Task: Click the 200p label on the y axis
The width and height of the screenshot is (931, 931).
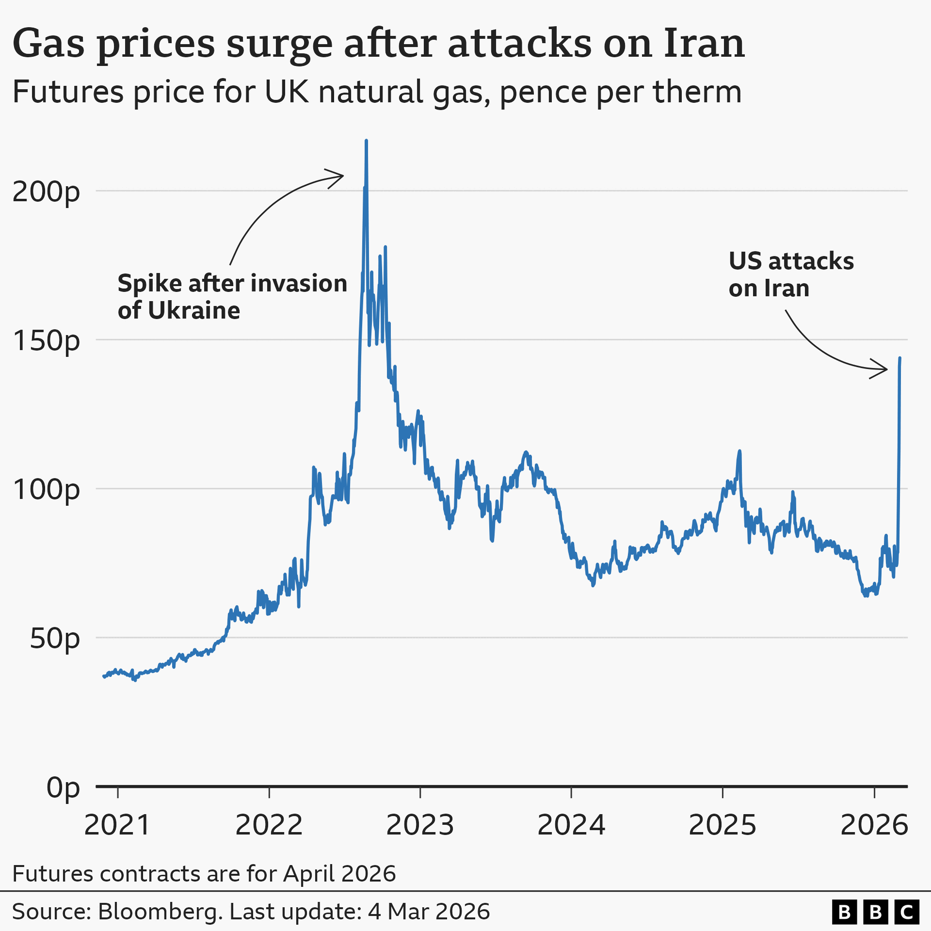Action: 46,192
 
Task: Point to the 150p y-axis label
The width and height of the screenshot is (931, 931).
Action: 46,340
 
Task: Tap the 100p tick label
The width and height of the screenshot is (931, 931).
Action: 46,489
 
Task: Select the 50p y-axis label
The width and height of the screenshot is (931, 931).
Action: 54,638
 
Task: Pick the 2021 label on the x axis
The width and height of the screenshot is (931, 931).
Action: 117,825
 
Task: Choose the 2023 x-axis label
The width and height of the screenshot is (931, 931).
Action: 420,825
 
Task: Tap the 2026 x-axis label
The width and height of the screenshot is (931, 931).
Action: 874,825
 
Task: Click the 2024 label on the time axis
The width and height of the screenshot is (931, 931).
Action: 571,825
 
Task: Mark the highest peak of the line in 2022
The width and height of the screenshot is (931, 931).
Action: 366,141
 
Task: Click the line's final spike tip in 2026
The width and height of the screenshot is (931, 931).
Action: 900,358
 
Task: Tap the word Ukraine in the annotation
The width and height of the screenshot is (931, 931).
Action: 193,310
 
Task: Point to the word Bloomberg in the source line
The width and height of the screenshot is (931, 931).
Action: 160,911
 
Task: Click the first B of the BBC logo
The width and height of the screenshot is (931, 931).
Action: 844,912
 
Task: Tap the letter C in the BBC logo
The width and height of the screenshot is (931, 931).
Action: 906,912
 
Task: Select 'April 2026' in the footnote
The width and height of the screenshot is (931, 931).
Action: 339,873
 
